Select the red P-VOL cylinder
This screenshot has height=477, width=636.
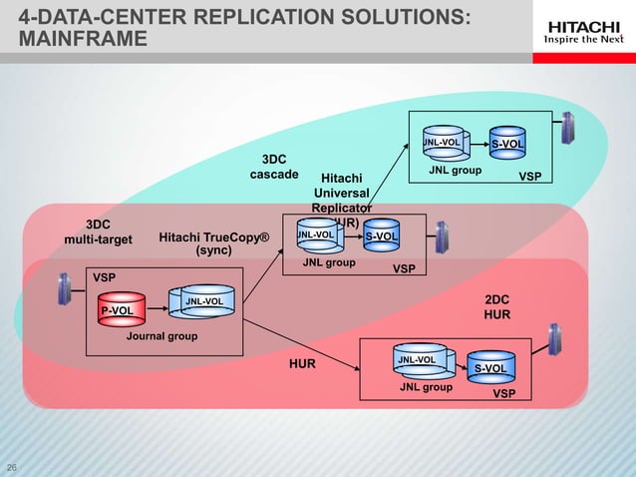[x=119, y=310]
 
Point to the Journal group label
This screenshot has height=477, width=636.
[x=161, y=336]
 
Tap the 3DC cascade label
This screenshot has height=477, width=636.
[x=273, y=167]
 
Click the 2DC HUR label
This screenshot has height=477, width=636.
[x=496, y=306]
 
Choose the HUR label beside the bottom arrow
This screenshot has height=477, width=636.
[x=302, y=364]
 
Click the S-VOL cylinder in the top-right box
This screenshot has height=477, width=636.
[x=506, y=145]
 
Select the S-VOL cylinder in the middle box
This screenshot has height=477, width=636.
[x=380, y=236]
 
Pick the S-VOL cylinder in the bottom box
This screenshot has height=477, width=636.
[x=490, y=368]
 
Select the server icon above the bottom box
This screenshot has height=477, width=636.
[x=553, y=336]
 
